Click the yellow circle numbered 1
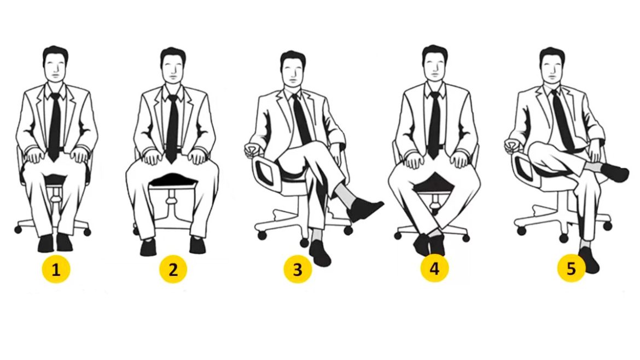click(56, 269)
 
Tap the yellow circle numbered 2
click(173, 269)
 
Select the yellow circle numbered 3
click(298, 269)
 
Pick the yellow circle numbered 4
click(435, 268)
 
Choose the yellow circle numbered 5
click(572, 268)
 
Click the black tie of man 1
click(54, 126)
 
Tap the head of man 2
click(173, 65)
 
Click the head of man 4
click(435, 63)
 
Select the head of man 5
click(552, 65)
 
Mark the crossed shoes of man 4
click(429, 244)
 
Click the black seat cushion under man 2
click(173, 179)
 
